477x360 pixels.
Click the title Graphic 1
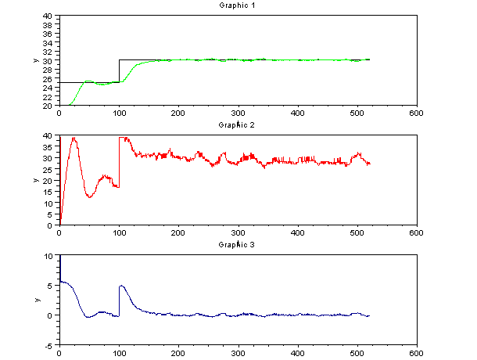click(x=238, y=5)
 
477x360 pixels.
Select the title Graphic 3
click(x=238, y=245)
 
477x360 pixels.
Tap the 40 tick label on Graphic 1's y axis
click(x=48, y=16)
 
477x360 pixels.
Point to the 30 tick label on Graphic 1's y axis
click(x=48, y=60)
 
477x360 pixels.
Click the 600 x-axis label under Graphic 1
click(x=417, y=113)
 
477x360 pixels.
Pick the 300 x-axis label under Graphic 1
click(x=238, y=113)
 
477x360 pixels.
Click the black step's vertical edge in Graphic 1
click(x=119, y=70)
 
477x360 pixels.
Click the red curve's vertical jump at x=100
click(x=119, y=160)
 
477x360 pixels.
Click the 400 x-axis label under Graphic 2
click(x=297, y=232)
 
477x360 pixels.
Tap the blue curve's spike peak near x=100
click(x=120, y=286)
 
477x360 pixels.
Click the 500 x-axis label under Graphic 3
click(x=357, y=352)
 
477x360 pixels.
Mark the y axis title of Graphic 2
click(x=35, y=181)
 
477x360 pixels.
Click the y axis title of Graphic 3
click(x=35, y=301)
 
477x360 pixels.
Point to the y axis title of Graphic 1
click(x=35, y=61)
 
